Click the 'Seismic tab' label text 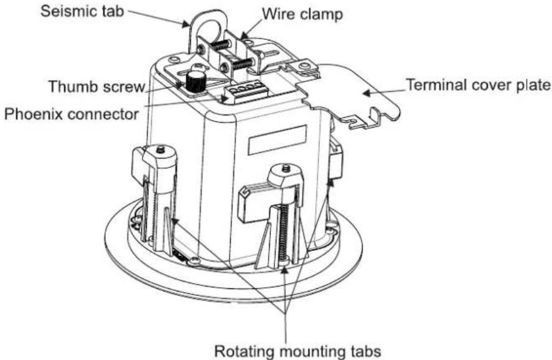point(82,11)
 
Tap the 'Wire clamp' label point(302,14)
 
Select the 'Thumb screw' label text point(97,86)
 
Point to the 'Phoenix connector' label point(72,114)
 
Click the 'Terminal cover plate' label point(479,85)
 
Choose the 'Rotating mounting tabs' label point(298,351)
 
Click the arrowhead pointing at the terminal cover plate point(367,93)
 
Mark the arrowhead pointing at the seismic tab point(185,24)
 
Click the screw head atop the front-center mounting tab point(286,168)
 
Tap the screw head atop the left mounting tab point(161,149)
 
